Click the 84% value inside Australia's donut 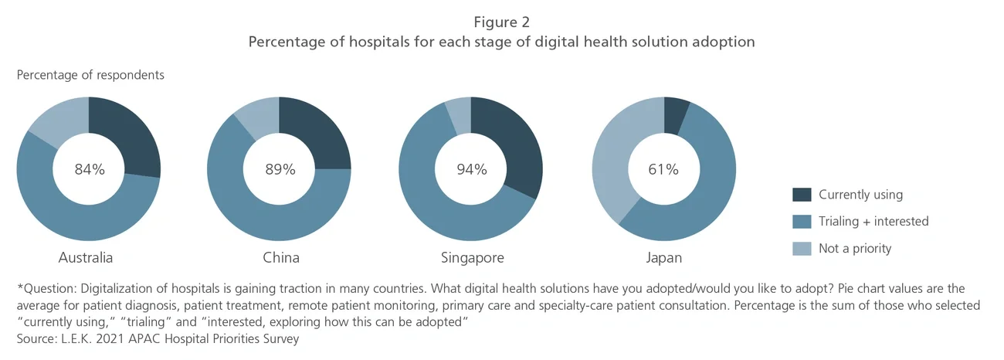pyautogui.click(x=89, y=169)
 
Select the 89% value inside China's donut pyautogui.click(x=279, y=169)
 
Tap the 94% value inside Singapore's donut pyautogui.click(x=470, y=169)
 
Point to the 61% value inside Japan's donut pyautogui.click(x=663, y=169)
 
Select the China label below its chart pyautogui.click(x=280, y=257)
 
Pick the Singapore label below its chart pyautogui.click(x=471, y=257)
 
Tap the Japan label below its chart pyautogui.click(x=664, y=257)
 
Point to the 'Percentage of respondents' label pyautogui.click(x=90, y=75)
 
